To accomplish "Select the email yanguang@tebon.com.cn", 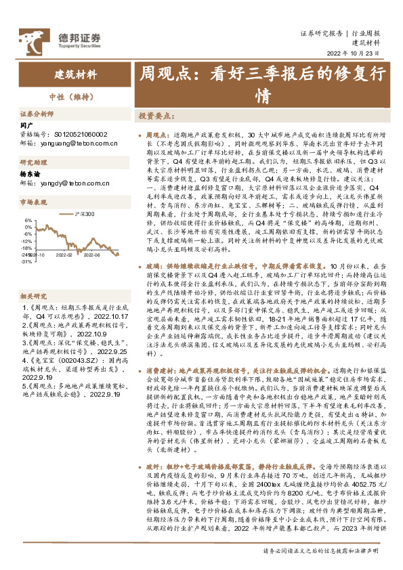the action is [80, 144].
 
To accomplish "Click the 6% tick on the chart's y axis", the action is [27, 220].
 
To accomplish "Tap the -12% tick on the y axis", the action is [26, 241].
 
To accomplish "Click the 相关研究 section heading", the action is [32, 278].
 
